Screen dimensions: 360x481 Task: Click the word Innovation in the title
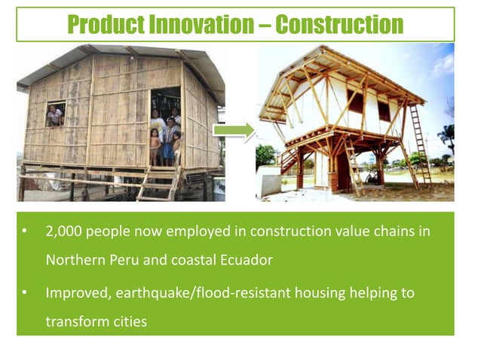(203, 25)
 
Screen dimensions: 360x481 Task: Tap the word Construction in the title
(339, 25)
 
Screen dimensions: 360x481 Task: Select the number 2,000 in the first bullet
(63, 231)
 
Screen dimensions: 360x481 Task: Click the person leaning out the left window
(54, 114)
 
